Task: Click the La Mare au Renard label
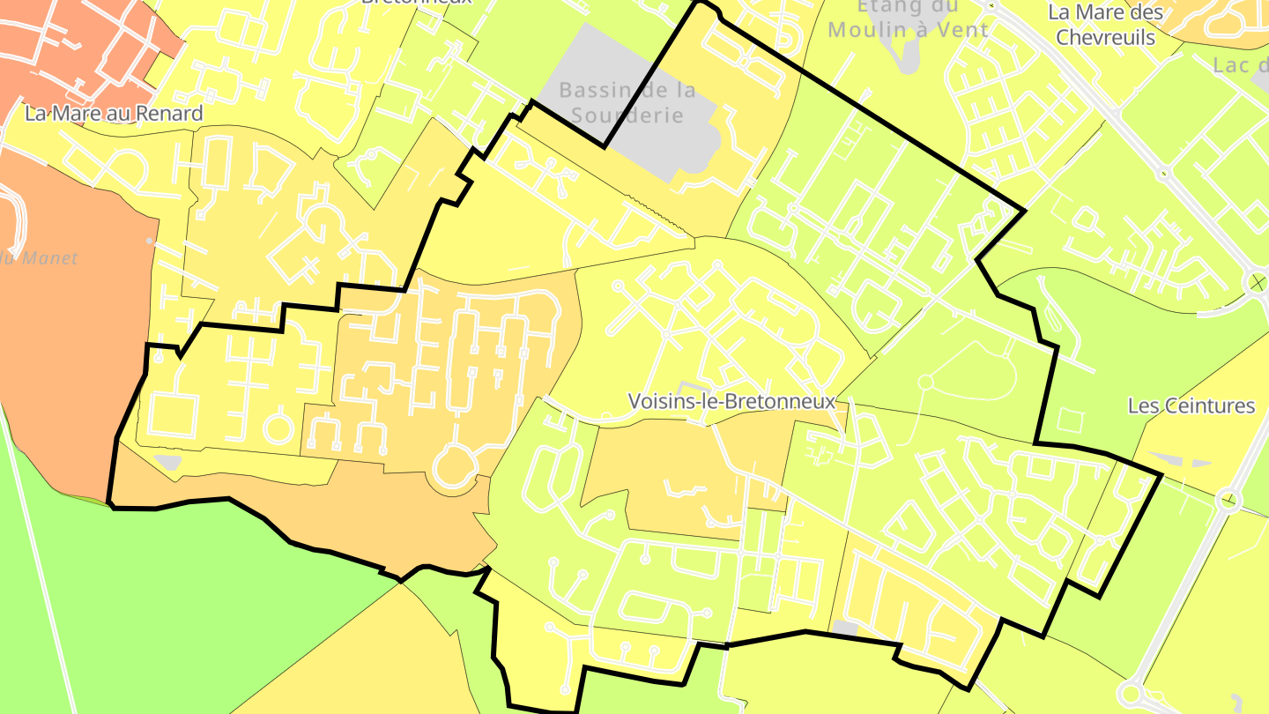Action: pyautogui.click(x=114, y=113)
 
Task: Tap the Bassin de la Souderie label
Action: pyautogui.click(x=627, y=102)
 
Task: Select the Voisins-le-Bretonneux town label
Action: pyautogui.click(x=731, y=401)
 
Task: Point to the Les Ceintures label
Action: pyautogui.click(x=1191, y=405)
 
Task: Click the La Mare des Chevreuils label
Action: pyautogui.click(x=1105, y=25)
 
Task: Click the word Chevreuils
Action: pyautogui.click(x=1105, y=37)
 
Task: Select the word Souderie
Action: pyautogui.click(x=627, y=115)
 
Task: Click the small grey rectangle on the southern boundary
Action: pyautogui.click(x=844, y=628)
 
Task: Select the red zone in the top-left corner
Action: pyautogui.click(x=70, y=53)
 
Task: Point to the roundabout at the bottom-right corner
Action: pyautogui.click(x=1132, y=695)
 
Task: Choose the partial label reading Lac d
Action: pyautogui.click(x=1239, y=65)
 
